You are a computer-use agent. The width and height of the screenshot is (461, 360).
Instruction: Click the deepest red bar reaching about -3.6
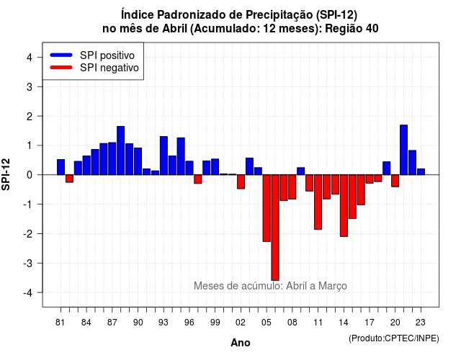tap(275, 228)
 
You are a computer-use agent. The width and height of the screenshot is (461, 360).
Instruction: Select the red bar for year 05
tap(267, 208)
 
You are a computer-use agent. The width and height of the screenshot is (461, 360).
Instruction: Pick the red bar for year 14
tap(344, 205)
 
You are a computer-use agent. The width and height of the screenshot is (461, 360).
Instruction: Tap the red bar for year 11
tap(318, 202)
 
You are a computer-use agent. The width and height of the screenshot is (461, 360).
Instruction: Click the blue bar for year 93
tap(164, 156)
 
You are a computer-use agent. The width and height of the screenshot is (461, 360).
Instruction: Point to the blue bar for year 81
tap(61, 167)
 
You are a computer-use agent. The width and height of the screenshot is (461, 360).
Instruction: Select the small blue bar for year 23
tap(421, 171)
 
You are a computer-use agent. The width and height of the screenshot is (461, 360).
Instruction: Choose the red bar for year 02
tap(241, 181)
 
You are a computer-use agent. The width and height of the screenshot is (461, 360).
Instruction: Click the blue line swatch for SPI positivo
tap(61, 55)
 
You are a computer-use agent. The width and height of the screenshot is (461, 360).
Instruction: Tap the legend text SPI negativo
tap(109, 68)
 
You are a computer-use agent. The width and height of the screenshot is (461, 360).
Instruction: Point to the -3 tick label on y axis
tap(29, 263)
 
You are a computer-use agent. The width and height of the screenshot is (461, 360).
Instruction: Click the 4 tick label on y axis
tap(30, 58)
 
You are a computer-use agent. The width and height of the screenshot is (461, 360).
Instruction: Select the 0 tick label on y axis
tap(30, 175)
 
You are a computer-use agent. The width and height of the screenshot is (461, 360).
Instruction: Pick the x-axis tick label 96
tap(189, 323)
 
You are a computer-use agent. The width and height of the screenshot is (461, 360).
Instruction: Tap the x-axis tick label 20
tap(395, 323)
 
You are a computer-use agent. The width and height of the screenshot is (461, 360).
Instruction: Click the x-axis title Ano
tap(241, 343)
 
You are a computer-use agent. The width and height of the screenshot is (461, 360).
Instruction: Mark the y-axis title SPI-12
tap(6, 174)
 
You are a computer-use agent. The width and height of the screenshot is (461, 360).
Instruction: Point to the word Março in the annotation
tap(333, 286)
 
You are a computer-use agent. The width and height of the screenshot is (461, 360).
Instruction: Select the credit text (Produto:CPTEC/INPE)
tap(394, 338)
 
